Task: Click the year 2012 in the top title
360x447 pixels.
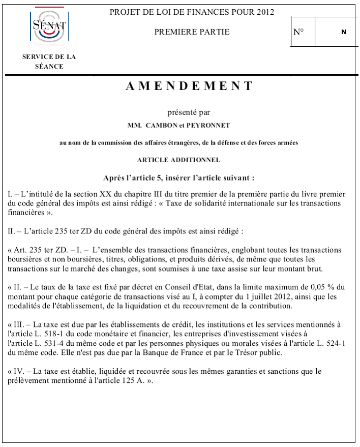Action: click(x=264, y=12)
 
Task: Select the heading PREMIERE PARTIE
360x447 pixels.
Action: click(x=192, y=32)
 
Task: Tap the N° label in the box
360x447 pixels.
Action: click(x=299, y=32)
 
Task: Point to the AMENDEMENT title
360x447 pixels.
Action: click(x=189, y=86)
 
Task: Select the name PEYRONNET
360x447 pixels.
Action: click(x=209, y=125)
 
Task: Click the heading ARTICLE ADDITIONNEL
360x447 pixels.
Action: click(x=178, y=160)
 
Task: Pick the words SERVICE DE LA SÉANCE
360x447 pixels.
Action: click(x=49, y=62)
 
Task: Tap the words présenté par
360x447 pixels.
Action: click(x=189, y=112)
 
